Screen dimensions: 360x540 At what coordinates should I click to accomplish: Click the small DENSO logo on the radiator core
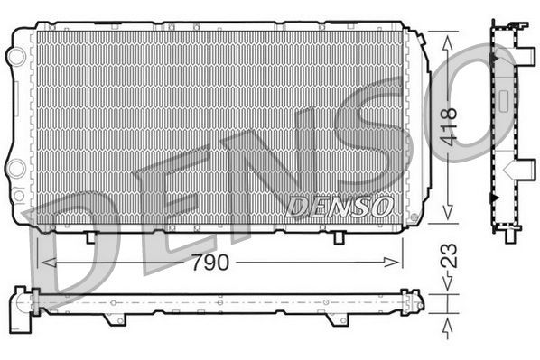pyautogui.click(x=339, y=207)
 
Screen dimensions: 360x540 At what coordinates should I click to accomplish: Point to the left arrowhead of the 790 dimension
pyautogui.click(x=48, y=263)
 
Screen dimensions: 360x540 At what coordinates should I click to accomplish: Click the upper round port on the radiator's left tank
pyautogui.click(x=15, y=56)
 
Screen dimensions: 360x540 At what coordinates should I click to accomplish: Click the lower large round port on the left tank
pyautogui.click(x=16, y=169)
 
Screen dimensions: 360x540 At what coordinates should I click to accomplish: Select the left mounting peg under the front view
pyautogui.click(x=91, y=236)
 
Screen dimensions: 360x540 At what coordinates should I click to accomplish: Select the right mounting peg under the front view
pyautogui.click(x=338, y=236)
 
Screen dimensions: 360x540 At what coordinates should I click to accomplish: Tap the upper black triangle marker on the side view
pyautogui.click(x=494, y=59)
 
